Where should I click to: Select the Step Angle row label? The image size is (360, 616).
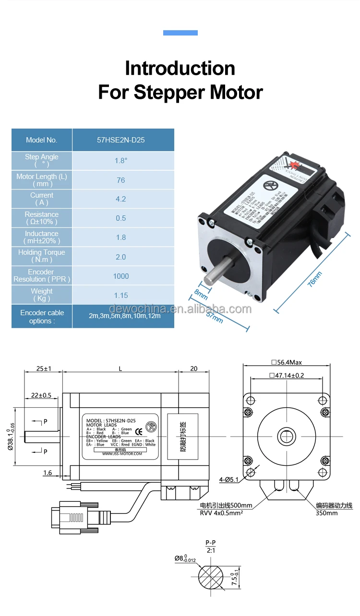coord(42,160)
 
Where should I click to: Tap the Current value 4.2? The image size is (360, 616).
coord(121,199)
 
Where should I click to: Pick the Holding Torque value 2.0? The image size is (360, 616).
coord(121,257)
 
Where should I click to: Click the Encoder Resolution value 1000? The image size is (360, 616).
coord(121,276)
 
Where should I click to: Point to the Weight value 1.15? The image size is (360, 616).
coord(121,296)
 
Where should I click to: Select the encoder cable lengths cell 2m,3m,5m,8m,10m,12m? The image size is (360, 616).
coord(125,316)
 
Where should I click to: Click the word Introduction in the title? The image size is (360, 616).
coord(180,68)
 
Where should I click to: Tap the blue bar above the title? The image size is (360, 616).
coord(180,33)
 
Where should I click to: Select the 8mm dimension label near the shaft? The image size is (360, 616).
coord(201,293)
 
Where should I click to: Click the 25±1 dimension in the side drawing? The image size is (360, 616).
coord(44,369)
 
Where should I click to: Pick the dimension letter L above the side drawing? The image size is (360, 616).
coord(120,369)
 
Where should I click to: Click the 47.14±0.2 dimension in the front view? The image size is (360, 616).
coord(287,376)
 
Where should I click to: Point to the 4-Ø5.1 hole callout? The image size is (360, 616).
coord(229,479)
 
